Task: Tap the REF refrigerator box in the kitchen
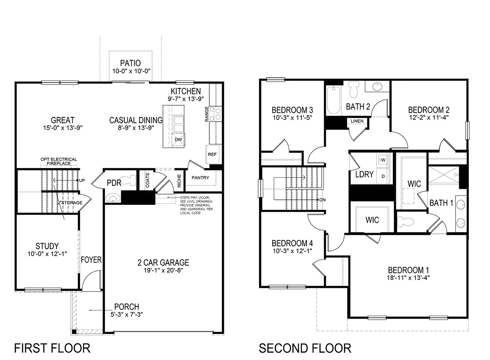(212, 154)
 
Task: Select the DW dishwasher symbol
(178, 140)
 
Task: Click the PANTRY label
(200, 178)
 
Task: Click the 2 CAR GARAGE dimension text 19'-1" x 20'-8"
(163, 270)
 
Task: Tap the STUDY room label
(47, 246)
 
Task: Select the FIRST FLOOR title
(52, 348)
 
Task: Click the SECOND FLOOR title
(305, 348)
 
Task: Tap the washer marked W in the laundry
(383, 159)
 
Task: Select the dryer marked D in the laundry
(383, 176)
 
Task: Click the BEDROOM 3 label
(292, 110)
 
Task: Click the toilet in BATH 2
(354, 89)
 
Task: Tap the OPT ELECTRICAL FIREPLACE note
(58, 161)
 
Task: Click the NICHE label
(179, 181)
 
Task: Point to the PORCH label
(126, 307)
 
